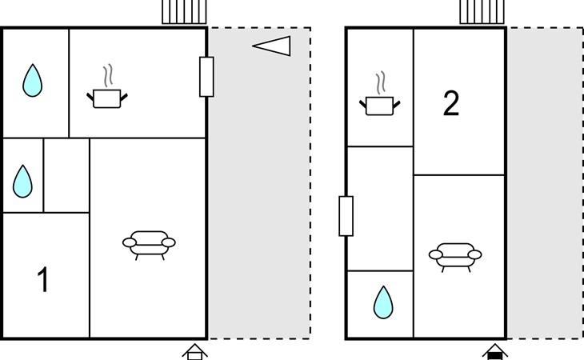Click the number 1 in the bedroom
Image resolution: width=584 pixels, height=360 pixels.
43,281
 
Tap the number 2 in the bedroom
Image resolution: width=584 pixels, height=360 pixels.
451,104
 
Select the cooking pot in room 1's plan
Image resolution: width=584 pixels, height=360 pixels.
107,98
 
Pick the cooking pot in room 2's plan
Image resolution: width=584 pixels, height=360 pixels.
381,105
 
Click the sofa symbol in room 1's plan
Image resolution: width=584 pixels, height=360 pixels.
149,244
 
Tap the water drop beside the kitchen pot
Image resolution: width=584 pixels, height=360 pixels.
32,80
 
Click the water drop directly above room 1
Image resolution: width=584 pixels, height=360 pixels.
22,182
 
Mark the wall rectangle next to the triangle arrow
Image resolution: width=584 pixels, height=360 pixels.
206,77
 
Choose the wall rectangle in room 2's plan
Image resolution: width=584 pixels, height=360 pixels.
346,215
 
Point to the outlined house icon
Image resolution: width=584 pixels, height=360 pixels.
194,352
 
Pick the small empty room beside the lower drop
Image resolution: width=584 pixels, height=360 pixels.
66,175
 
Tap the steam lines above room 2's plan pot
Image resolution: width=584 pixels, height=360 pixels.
382,83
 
